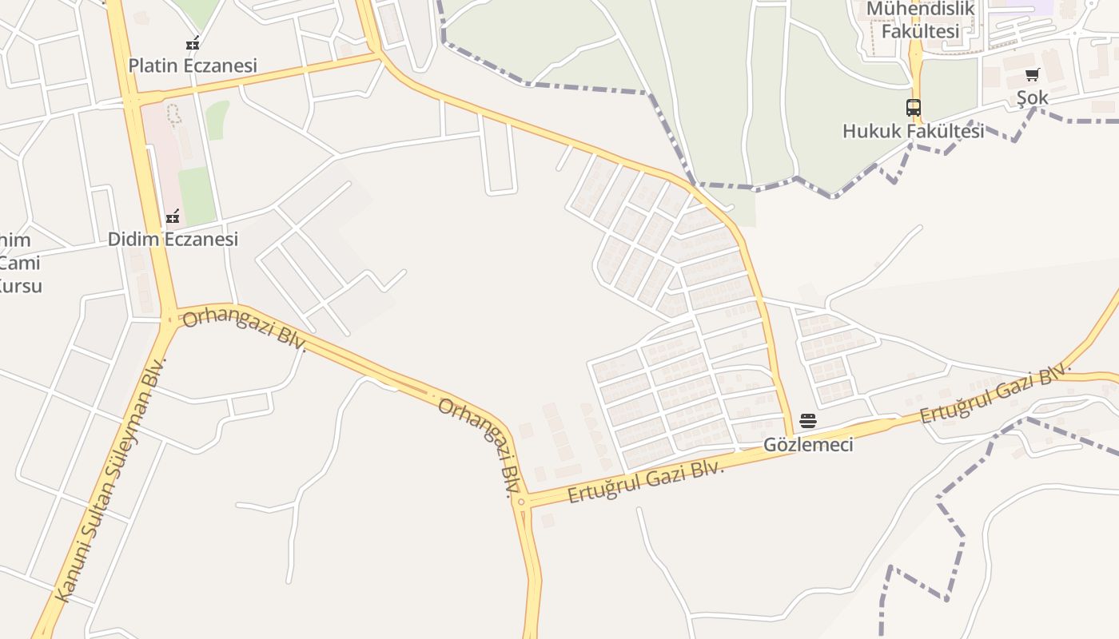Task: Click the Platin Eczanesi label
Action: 193,65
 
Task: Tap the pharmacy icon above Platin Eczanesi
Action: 192,43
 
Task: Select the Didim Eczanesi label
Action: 173,239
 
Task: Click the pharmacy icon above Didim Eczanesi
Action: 173,216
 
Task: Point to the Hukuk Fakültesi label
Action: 913,131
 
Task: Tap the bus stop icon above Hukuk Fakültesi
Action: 913,108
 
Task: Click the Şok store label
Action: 1032,97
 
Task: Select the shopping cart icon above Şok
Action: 1032,75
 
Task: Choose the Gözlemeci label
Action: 808,445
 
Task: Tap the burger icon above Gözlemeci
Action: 808,421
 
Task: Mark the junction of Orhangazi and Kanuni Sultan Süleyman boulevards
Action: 169,319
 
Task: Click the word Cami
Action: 20,263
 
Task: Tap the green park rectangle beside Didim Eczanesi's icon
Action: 196,195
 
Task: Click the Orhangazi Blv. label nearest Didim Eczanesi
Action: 245,330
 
